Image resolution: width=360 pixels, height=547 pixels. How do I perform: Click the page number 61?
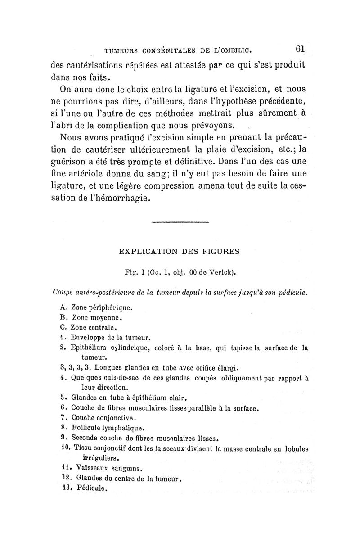(x=301, y=48)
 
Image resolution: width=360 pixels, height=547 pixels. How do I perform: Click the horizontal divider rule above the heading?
(x=180, y=222)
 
